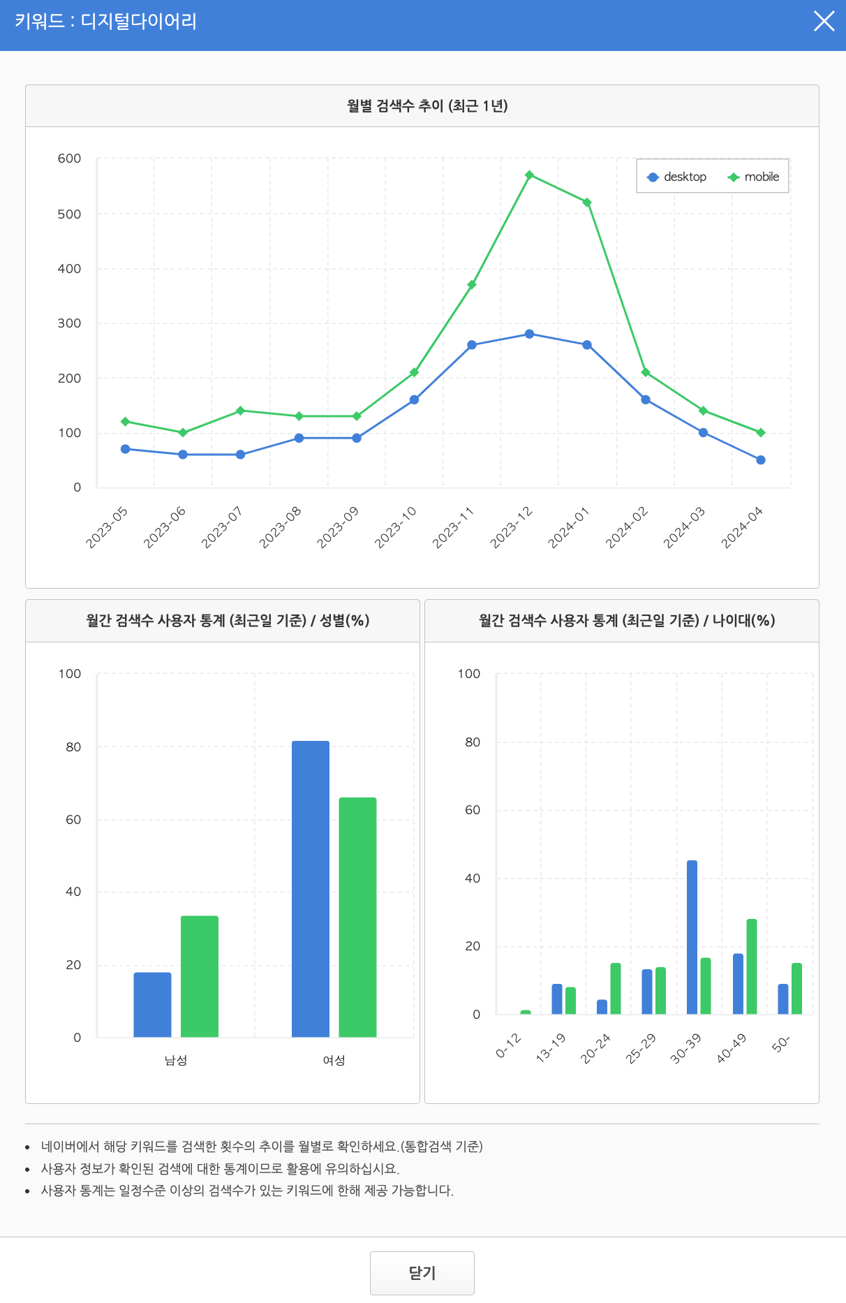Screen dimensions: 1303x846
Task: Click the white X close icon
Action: pyautogui.click(x=824, y=22)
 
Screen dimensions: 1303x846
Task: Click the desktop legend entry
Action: pyautogui.click(x=677, y=177)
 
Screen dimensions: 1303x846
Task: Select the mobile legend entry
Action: pyautogui.click(x=753, y=177)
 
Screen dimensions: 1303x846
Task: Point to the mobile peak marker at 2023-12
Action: pyautogui.click(x=529, y=175)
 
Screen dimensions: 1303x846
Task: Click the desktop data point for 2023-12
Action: pyautogui.click(x=529, y=334)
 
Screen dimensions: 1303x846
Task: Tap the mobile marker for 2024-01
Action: pyautogui.click(x=587, y=203)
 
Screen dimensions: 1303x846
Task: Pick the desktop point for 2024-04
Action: pyautogui.click(x=760, y=459)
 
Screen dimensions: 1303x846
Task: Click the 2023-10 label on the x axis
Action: pyautogui.click(x=396, y=527)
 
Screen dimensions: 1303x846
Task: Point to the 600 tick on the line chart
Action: pyautogui.click(x=69, y=159)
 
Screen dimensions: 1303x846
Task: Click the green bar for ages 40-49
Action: pyautogui.click(x=751, y=966)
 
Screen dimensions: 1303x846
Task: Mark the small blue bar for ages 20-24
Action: pyautogui.click(x=602, y=1006)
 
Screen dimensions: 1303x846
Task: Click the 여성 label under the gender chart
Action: pyautogui.click(x=334, y=1060)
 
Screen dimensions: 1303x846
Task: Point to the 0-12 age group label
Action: pyautogui.click(x=509, y=1045)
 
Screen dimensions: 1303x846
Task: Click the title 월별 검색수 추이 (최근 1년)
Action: pyautogui.click(x=427, y=105)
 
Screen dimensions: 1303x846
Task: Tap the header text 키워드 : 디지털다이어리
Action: pyautogui.click(x=105, y=22)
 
